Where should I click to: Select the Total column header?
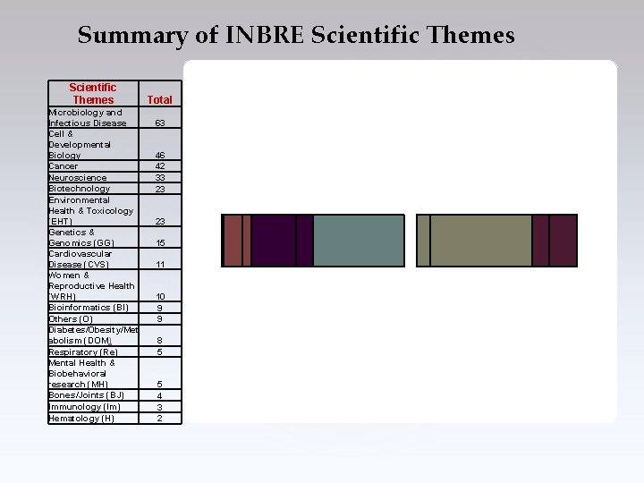(160, 99)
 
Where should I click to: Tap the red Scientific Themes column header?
(92, 93)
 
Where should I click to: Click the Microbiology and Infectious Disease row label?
(87, 117)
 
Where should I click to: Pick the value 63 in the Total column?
(160, 123)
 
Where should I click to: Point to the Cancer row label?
(64, 165)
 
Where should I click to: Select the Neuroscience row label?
(78, 177)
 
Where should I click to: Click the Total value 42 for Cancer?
(160, 165)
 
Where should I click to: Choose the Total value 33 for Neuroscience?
(160, 177)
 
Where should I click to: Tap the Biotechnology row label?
(80, 188)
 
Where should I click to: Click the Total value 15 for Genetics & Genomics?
(160, 242)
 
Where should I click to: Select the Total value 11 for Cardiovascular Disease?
(160, 265)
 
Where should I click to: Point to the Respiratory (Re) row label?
(83, 352)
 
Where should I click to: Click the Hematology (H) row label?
(81, 418)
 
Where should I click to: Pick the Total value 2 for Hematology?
(160, 418)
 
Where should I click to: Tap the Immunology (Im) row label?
(84, 406)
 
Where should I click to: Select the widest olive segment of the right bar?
(481, 241)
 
